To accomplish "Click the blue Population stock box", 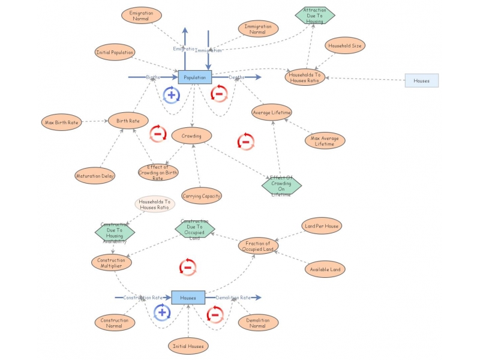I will (195, 77).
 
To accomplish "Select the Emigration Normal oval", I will (140, 16).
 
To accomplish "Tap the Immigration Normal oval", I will (258, 29).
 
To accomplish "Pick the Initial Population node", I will (115, 52).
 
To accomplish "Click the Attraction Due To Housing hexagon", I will (314, 16).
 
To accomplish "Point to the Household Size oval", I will (344, 46).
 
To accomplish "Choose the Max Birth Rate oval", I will (62, 122).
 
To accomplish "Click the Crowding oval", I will (191, 136).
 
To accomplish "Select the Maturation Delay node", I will (95, 176).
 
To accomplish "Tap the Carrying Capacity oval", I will (202, 196).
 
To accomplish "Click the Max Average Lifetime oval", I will (325, 141).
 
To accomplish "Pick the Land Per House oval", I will (322, 226).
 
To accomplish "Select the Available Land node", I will (325, 269).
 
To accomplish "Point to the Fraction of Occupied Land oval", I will (259, 246).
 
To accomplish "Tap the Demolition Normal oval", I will (258, 323).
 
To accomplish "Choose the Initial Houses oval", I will (188, 346).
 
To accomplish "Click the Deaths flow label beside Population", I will (236, 77).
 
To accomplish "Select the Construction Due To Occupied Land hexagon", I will (194, 228).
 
